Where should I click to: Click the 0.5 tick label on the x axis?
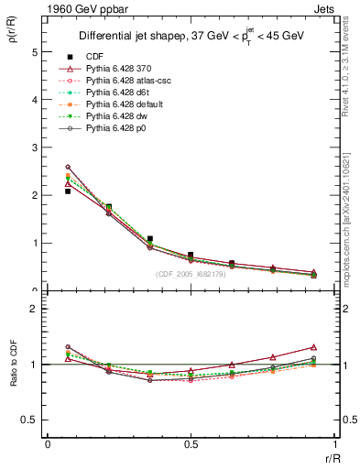click(190, 444)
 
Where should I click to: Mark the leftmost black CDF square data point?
click(68, 191)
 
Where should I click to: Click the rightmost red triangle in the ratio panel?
click(313, 347)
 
